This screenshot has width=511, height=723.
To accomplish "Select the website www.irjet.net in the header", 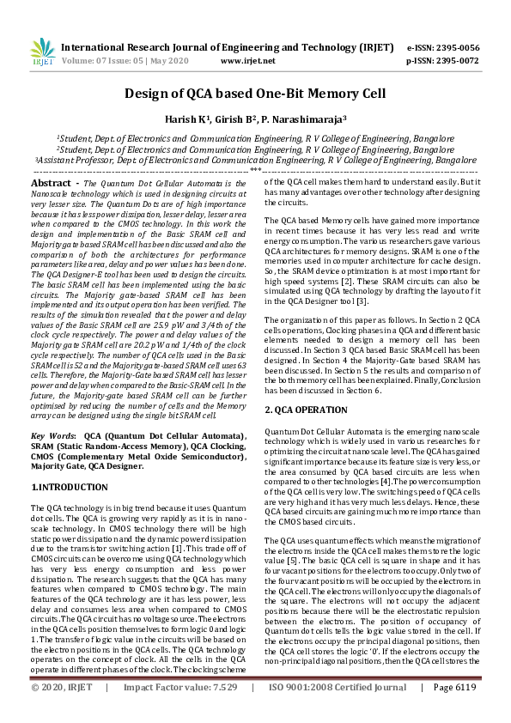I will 248,62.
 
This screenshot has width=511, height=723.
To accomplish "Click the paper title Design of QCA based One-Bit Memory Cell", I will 255,94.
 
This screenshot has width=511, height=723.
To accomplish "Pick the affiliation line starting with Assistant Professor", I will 255,160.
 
